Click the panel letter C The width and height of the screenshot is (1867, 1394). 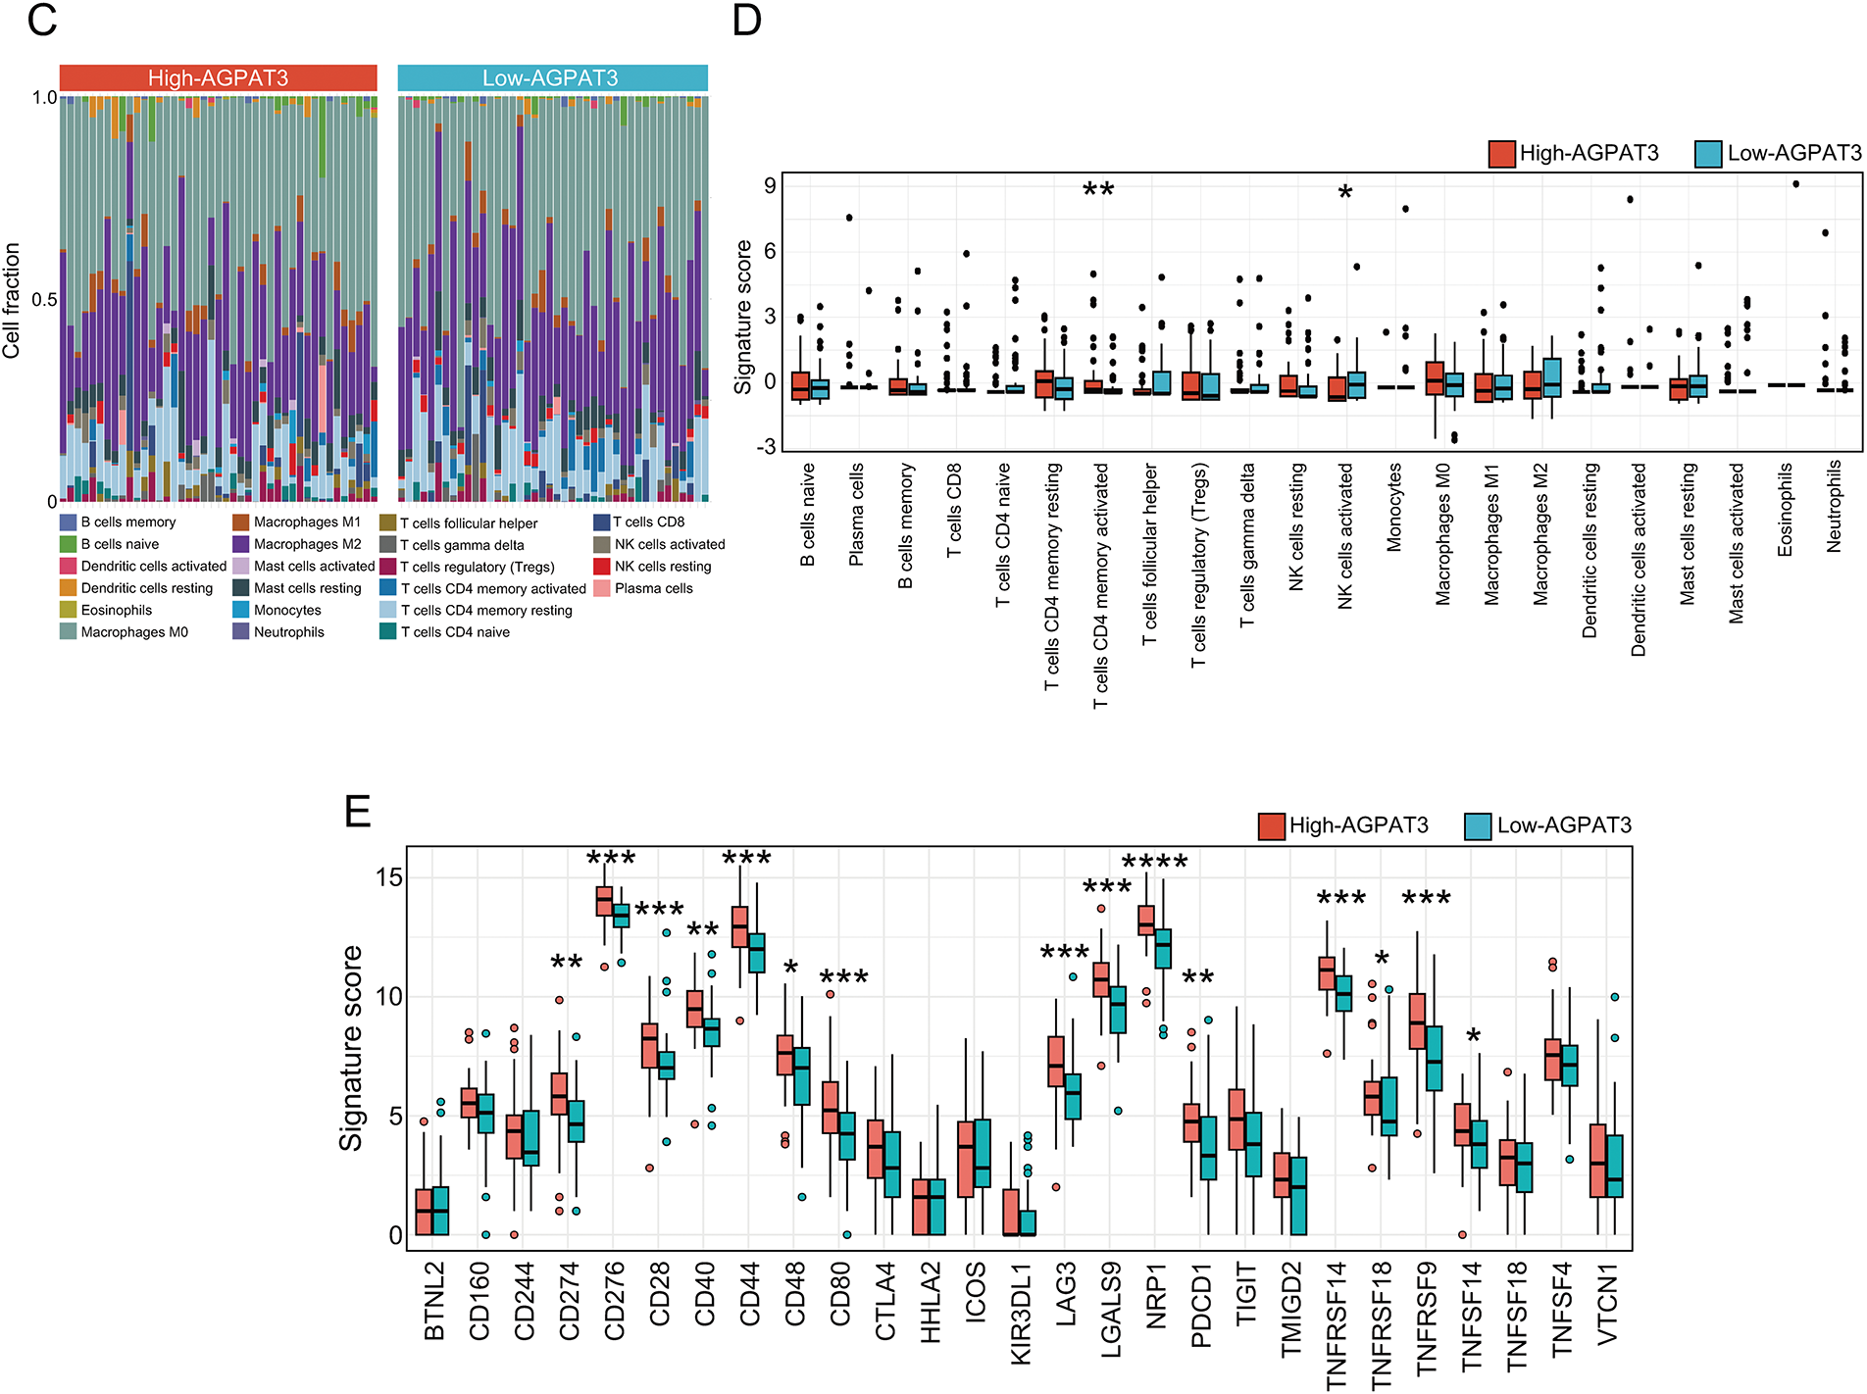click(x=41, y=20)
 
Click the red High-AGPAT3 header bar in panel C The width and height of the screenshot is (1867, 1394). click(x=218, y=78)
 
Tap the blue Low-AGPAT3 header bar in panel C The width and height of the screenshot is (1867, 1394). click(x=551, y=78)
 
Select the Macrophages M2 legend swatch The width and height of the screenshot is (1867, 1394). click(x=241, y=544)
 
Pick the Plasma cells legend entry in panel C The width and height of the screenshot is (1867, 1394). click(x=653, y=588)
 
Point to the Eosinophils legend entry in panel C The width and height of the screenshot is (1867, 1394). click(x=116, y=610)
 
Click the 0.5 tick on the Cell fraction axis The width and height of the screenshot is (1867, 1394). click(x=44, y=300)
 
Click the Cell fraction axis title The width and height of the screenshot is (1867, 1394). click(x=12, y=300)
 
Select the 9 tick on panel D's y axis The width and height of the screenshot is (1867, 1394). click(x=771, y=185)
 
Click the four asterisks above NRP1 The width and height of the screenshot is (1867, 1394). click(x=1154, y=863)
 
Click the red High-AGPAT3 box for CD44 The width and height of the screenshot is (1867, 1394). click(x=740, y=927)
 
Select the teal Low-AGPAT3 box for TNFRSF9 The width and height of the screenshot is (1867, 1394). click(x=1435, y=1058)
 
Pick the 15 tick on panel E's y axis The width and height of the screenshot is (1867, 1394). click(x=389, y=877)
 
